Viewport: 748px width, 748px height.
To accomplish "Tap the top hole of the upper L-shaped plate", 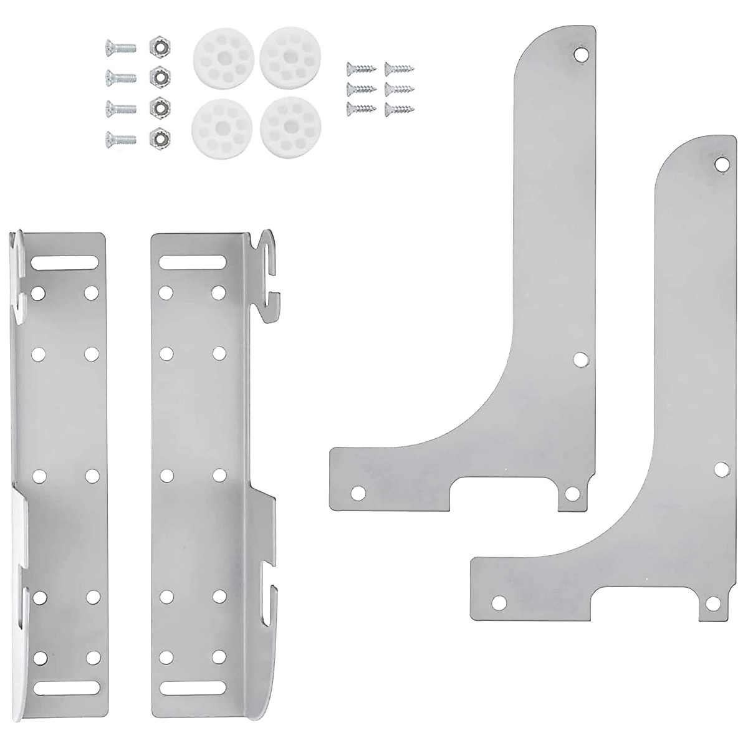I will point(581,55).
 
